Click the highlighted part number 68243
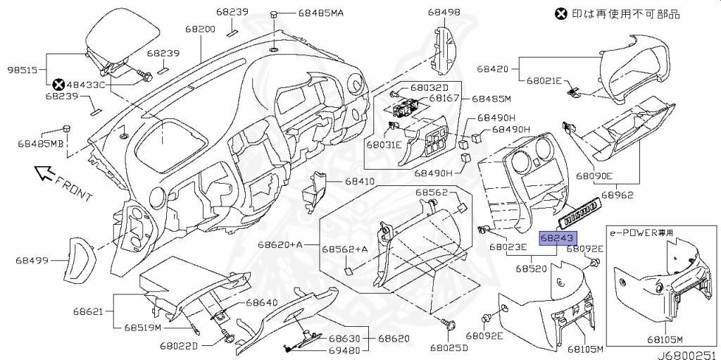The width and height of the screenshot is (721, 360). (558, 238)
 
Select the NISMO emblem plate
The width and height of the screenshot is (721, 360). (579, 212)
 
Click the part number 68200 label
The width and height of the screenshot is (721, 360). (200, 29)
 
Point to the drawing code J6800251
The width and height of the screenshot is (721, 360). (688, 355)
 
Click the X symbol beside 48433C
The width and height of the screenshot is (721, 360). (58, 85)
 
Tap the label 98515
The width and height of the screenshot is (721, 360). (23, 70)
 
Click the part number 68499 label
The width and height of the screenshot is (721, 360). (32, 261)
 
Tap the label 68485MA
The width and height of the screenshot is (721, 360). (321, 13)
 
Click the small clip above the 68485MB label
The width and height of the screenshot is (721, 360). (67, 128)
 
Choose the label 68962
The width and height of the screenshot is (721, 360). (617, 194)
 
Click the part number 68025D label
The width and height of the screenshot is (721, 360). (449, 347)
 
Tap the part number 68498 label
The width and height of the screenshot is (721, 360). (444, 12)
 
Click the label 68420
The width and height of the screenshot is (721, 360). (492, 69)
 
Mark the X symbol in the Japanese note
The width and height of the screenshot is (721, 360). (561, 13)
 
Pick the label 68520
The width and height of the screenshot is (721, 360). (531, 268)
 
